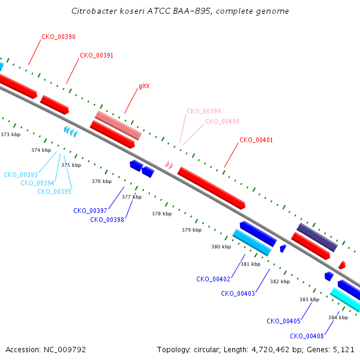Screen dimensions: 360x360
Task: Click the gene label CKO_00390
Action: [x=58, y=37]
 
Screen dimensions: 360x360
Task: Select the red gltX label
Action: [x=144, y=86]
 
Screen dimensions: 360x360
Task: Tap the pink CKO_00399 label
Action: [x=203, y=111]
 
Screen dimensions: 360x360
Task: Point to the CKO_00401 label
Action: [x=256, y=140]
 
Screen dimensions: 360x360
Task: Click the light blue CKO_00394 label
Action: [x=37, y=183]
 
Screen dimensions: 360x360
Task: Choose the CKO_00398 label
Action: [x=107, y=220]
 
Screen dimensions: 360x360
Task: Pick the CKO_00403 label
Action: [x=238, y=293]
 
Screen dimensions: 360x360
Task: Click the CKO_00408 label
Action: [x=307, y=336]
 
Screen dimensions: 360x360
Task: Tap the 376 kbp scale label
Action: [x=102, y=181]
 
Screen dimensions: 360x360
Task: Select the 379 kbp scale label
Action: [x=192, y=230]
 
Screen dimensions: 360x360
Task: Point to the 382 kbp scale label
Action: [x=280, y=281]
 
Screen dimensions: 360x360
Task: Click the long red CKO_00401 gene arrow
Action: [x=211, y=188]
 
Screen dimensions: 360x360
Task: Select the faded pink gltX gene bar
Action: [x=118, y=125]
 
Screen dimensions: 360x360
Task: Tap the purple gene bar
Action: [x=317, y=237]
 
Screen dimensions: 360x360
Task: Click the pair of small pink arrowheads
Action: [x=169, y=164]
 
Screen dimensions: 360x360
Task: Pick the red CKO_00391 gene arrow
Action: [x=55, y=104]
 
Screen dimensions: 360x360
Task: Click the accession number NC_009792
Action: [x=65, y=350]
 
